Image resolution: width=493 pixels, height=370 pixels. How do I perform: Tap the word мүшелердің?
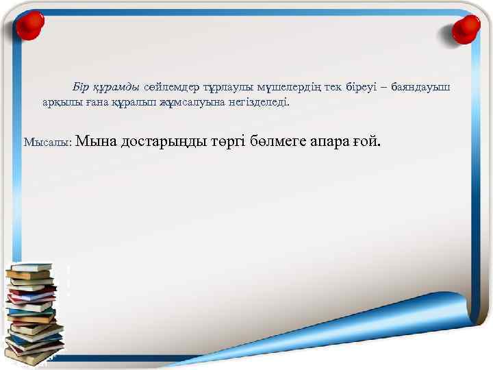(x=290, y=88)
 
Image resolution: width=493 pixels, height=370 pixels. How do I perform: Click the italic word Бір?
(x=81, y=88)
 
